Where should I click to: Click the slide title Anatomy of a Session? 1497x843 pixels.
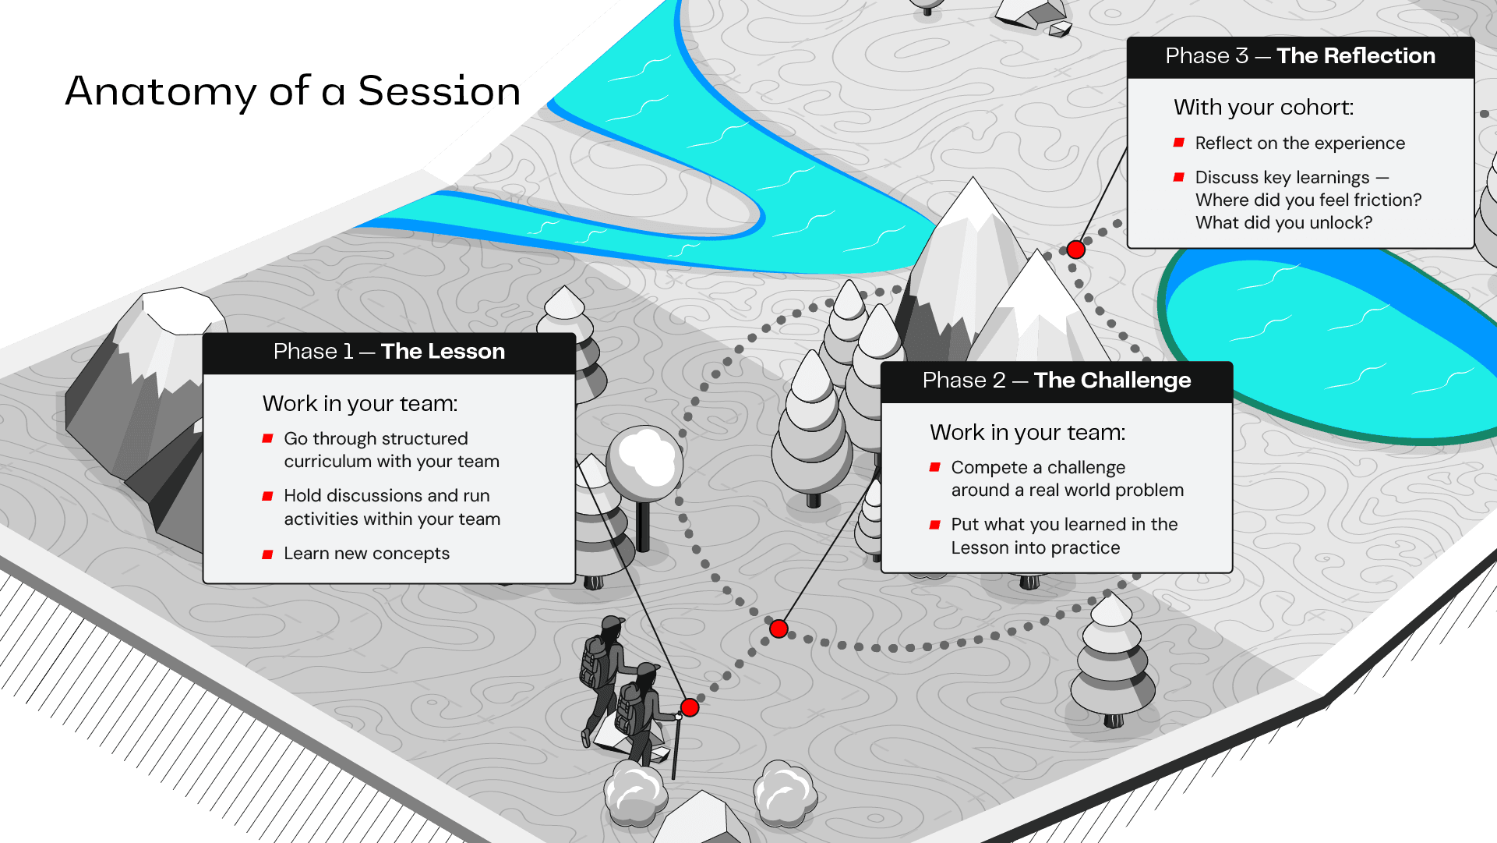[x=293, y=91]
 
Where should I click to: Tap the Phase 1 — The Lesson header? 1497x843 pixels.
[x=389, y=352]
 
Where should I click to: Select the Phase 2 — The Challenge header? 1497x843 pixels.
[x=1057, y=381]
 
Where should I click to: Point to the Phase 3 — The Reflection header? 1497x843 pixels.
[x=1301, y=56]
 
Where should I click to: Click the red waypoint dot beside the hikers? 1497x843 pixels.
[x=690, y=707]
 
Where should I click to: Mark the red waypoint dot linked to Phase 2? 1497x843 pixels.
[x=779, y=629]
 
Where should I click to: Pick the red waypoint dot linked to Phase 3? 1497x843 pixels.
[x=1076, y=250]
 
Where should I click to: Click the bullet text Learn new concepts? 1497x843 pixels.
[x=367, y=554]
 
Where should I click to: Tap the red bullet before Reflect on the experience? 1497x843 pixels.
[x=1179, y=143]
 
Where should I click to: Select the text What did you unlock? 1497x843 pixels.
[x=1284, y=223]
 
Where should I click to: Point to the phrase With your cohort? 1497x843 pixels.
[x=1264, y=108]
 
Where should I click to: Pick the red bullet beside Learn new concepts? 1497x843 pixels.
[x=267, y=554]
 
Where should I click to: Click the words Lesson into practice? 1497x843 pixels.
[x=1036, y=548]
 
